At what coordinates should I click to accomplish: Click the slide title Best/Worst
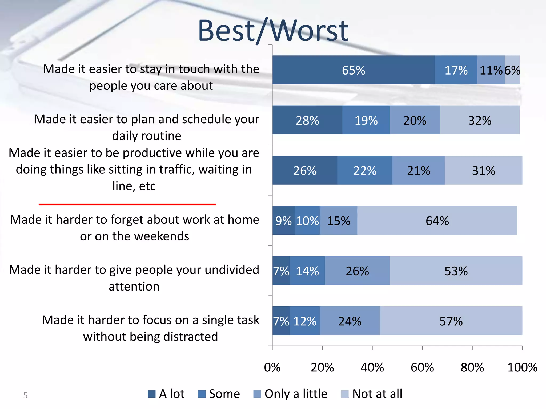tap(273, 31)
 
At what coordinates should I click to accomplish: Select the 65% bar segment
tap(354, 70)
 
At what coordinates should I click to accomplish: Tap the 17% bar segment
tap(456, 70)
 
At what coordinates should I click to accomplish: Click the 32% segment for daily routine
tap(480, 120)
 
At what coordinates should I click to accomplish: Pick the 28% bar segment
tap(307, 120)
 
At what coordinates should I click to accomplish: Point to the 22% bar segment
tap(364, 170)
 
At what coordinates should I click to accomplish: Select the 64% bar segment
tap(437, 220)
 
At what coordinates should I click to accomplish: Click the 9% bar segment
tap(283, 220)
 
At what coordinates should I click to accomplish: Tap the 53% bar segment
tap(456, 271)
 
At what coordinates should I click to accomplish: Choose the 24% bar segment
tap(350, 321)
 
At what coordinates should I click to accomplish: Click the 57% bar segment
tap(451, 321)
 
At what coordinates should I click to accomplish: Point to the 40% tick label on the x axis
tap(372, 367)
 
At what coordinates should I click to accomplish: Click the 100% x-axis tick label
tap(522, 367)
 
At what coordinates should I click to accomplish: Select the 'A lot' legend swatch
tap(152, 394)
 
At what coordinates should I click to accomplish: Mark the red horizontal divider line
tap(127, 204)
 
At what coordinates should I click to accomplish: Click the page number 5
tap(25, 395)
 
